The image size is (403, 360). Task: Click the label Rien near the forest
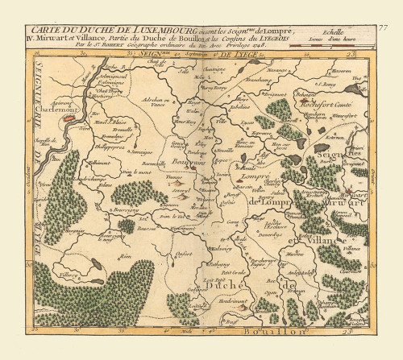click(125, 257)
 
